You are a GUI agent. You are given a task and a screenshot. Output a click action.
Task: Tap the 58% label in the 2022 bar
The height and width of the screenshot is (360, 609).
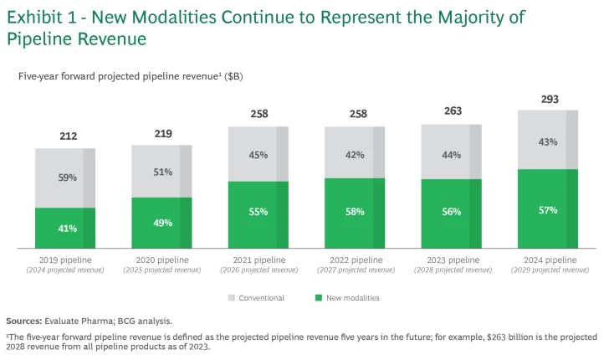tap(355, 212)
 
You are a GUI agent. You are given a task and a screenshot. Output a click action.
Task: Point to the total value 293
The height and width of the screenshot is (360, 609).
tap(548, 100)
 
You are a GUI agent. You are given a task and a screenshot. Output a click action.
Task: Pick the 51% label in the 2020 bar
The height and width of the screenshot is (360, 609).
tap(162, 172)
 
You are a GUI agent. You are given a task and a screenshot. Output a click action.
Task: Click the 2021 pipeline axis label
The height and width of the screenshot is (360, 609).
tap(258, 260)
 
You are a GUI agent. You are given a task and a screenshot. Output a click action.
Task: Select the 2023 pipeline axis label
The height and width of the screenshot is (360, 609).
tap(452, 260)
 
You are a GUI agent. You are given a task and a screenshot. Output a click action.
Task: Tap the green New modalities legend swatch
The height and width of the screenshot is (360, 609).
tap(318, 297)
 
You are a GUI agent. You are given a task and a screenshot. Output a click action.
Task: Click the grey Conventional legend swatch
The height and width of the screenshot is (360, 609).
tap(231, 297)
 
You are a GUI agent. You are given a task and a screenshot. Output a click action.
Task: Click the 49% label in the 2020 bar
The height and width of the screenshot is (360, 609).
tap(162, 223)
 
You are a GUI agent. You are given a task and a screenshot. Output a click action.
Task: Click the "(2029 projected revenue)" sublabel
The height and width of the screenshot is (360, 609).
tap(548, 270)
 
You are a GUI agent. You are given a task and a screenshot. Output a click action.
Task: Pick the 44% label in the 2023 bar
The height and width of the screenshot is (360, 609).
tap(452, 155)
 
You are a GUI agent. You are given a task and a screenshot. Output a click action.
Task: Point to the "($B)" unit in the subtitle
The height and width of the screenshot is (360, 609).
tap(231, 76)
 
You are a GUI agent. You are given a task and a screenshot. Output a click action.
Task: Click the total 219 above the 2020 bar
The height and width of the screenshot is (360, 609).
tap(162, 134)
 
